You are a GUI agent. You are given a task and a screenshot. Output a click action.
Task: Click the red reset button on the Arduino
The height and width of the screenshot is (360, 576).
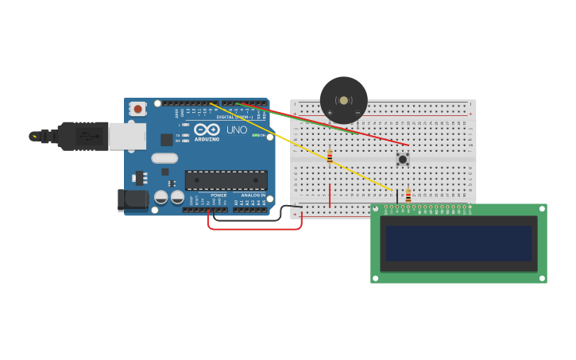[x=137, y=109]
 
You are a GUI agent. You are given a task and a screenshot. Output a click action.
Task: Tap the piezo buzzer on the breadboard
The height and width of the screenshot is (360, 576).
[x=343, y=100]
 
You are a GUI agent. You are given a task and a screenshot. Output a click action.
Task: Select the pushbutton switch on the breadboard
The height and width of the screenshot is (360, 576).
[x=403, y=159]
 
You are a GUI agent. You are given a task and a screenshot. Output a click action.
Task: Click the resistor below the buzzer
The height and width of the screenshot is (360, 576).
[x=330, y=157]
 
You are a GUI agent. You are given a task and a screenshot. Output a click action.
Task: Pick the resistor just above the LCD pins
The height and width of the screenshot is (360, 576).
[x=408, y=195]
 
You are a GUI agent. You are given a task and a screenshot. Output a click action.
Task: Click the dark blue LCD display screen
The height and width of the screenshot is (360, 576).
[x=458, y=243]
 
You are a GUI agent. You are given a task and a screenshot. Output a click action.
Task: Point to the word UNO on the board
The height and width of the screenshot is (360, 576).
[x=237, y=130]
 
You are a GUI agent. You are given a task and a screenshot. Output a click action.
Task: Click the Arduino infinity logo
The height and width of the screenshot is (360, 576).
[x=207, y=130]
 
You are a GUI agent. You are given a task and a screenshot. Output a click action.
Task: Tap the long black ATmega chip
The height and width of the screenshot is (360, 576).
[x=226, y=180]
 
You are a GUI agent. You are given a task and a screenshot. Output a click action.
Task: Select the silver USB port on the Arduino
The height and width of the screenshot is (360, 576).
[x=127, y=136]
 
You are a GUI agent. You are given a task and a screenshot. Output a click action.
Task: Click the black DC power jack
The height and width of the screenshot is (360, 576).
[x=132, y=199]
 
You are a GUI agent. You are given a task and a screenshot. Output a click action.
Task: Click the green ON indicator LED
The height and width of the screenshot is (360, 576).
[x=254, y=135]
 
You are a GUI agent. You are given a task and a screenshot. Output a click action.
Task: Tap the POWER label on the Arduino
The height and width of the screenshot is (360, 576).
[x=218, y=195]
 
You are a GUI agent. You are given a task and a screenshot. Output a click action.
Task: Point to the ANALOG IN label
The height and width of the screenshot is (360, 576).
[x=253, y=195]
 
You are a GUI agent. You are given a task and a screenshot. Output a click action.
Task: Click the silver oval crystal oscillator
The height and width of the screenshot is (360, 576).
[x=164, y=158]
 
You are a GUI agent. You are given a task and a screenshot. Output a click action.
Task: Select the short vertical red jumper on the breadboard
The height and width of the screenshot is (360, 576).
[x=330, y=195]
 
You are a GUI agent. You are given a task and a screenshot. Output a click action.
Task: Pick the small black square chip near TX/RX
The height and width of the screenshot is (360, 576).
[x=167, y=140]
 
